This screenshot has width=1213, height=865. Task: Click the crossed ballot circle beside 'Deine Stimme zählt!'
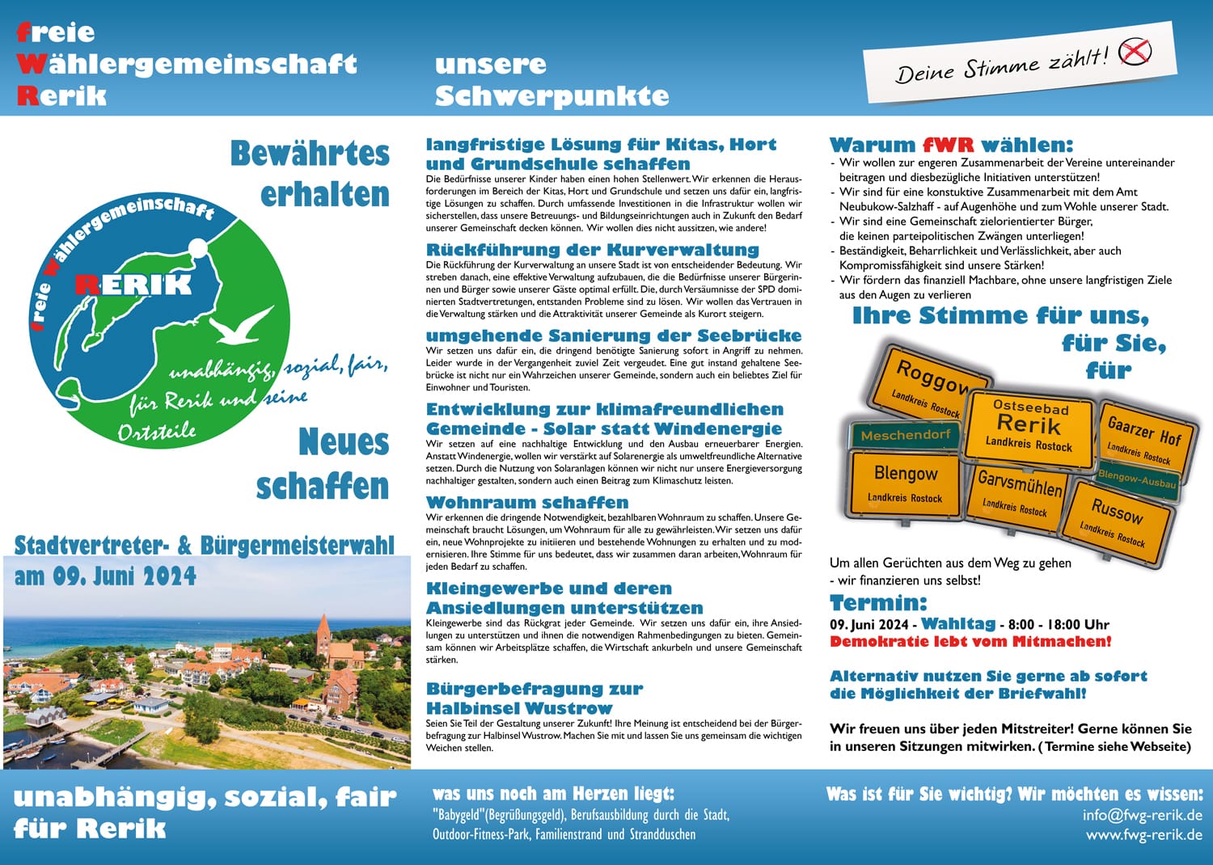pos(1135,52)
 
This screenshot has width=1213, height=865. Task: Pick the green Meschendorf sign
pos(905,435)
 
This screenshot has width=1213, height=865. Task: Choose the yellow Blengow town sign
pos(905,484)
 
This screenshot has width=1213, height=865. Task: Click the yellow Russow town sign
pos(1117,523)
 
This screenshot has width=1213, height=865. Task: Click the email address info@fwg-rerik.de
pos(1142,815)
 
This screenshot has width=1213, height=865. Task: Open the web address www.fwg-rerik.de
pos(1143,834)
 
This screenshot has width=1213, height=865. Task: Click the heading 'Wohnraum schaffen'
pos(527,503)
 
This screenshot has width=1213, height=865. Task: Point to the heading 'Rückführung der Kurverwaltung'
pos(593,250)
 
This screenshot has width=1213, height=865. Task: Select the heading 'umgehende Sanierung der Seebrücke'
pos(614,335)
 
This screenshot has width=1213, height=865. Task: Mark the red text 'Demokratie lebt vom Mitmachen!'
pos(970,642)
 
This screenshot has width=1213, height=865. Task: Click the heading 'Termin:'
pos(878,603)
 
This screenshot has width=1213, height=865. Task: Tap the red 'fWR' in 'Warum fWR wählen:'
pos(948,146)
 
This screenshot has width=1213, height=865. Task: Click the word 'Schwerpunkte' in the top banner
pos(552,96)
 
